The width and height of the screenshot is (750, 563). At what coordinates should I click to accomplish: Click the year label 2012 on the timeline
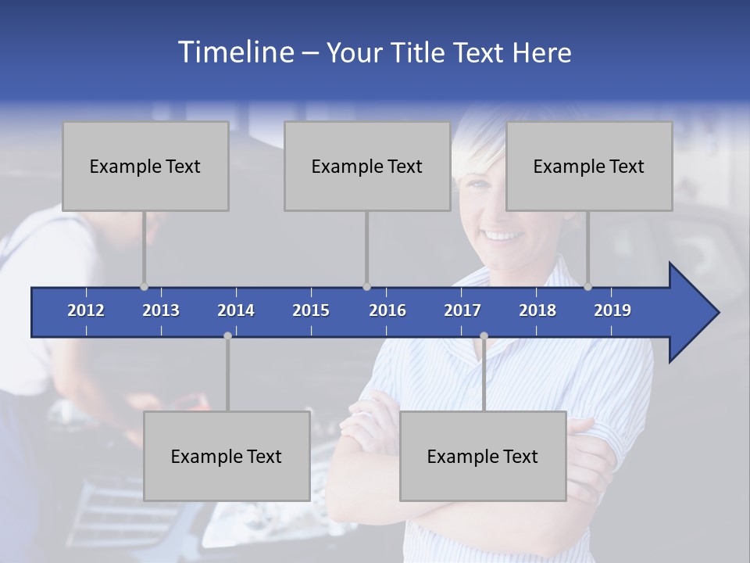[x=86, y=310]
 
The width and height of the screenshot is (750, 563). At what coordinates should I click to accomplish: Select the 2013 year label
[x=161, y=310]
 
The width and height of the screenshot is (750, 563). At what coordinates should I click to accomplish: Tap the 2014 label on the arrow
[x=236, y=310]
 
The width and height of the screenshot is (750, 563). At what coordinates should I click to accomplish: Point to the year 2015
[x=311, y=310]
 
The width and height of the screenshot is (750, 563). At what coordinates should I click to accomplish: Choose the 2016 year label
[x=387, y=310]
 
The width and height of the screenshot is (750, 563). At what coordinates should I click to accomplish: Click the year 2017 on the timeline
[x=462, y=310]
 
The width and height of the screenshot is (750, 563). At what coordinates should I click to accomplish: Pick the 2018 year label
[x=537, y=310]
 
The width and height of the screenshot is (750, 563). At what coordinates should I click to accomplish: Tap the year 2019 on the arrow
[x=612, y=310]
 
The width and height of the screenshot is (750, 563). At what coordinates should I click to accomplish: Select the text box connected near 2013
[x=145, y=167]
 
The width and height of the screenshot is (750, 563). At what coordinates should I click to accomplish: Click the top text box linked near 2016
[x=367, y=167]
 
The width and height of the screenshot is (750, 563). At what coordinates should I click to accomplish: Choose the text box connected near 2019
[x=589, y=167]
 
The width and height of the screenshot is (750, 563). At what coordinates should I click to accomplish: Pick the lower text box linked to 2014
[x=227, y=457]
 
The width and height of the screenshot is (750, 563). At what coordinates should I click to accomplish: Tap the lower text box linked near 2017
[x=483, y=457]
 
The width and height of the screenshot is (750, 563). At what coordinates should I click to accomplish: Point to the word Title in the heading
[x=423, y=53]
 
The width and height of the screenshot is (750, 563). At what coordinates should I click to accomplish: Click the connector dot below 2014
[x=227, y=335]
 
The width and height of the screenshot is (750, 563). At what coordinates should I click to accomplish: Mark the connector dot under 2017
[x=484, y=335]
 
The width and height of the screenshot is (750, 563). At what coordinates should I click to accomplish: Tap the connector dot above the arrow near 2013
[x=144, y=287]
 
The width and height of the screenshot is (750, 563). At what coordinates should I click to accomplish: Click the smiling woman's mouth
[x=504, y=235]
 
